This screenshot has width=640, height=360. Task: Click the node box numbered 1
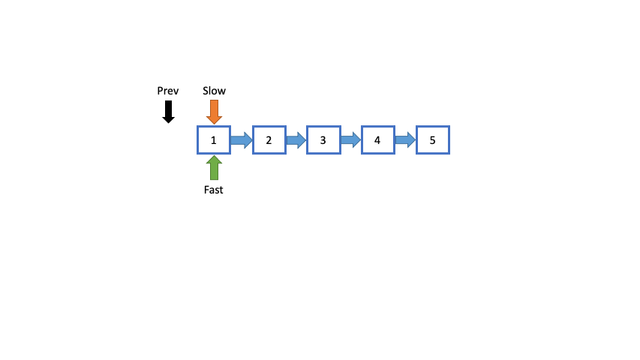coord(214,140)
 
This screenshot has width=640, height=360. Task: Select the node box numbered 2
coord(269,140)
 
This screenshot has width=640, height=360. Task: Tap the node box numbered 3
coord(323,140)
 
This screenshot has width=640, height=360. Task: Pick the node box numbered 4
coord(378,140)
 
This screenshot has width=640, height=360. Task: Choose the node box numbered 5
coord(433,140)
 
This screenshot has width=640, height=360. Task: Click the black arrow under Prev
coord(168,112)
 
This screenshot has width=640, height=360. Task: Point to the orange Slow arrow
coord(214,112)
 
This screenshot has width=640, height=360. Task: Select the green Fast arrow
coord(214,168)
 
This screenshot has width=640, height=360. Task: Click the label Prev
coord(168,91)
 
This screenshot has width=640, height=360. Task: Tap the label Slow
coord(214,91)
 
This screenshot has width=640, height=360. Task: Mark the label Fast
coord(214,190)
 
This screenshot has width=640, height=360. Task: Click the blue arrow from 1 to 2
coord(241,139)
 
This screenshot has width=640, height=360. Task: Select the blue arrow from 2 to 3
coord(296,139)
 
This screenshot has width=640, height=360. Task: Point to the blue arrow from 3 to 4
coord(350,139)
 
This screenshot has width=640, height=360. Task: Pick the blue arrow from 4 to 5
coord(405,139)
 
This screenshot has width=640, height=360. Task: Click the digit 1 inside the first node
coord(214,140)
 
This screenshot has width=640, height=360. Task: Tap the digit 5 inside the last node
coord(433,140)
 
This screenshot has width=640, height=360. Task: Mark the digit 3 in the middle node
coord(323,140)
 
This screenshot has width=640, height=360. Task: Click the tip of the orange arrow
coord(214,122)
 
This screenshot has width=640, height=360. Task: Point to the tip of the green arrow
coord(214,157)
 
